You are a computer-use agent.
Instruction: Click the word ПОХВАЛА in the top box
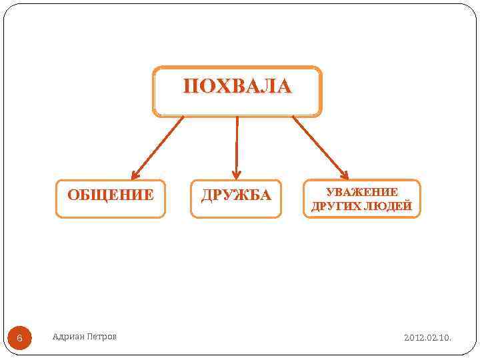click(x=237, y=87)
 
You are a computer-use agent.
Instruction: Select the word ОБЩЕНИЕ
click(x=111, y=195)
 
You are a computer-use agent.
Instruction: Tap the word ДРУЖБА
click(x=236, y=195)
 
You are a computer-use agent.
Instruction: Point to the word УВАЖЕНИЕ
click(x=362, y=192)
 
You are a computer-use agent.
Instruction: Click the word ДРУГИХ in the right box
click(x=335, y=207)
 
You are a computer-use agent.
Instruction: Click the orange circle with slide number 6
click(x=19, y=338)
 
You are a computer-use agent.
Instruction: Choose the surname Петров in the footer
click(x=102, y=337)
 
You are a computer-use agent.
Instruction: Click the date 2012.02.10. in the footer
click(x=427, y=338)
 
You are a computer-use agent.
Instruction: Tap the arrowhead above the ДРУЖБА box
click(x=236, y=175)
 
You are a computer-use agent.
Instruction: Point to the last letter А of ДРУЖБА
click(x=265, y=195)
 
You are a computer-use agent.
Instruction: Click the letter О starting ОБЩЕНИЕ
click(x=73, y=195)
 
